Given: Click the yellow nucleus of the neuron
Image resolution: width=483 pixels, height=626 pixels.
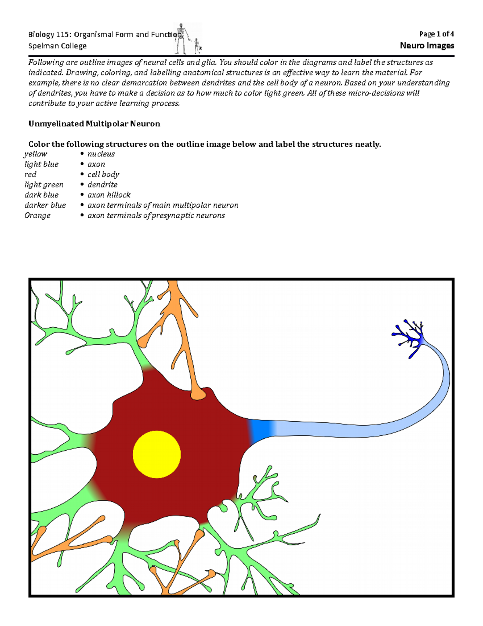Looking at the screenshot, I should tap(157, 454).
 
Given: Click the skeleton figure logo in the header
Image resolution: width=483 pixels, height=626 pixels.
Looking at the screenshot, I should tap(187, 39).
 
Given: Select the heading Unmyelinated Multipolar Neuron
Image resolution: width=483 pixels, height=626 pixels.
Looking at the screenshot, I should tap(94, 124).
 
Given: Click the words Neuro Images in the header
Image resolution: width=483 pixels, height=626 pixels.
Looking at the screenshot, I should tap(427, 46).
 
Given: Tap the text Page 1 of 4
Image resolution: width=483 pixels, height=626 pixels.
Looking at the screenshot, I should tap(436, 34).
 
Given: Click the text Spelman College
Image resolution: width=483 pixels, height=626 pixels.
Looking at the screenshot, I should tap(57, 46).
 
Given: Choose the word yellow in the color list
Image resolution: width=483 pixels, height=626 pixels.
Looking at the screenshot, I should tap(35, 154).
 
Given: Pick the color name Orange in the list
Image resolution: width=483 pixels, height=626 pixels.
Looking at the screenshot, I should tap(37, 215).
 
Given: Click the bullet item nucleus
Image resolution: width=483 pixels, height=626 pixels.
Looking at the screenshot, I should tap(101, 154).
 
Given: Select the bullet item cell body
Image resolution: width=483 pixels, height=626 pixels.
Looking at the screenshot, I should tap(103, 175).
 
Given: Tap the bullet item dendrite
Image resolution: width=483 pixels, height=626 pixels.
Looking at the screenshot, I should tap(103, 185).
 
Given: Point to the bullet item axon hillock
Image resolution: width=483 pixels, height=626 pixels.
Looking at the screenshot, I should tap(109, 195).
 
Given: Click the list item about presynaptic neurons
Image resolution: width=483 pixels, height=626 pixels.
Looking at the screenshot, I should tap(156, 215).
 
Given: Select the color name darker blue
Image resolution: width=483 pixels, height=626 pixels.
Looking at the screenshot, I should tap(45, 205).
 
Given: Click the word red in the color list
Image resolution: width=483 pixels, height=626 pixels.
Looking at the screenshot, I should tap(30, 175).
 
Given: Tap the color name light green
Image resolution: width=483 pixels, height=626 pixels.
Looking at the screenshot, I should tap(44, 185).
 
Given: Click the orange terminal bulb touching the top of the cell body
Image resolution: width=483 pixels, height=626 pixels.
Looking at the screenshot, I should tap(198, 393).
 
